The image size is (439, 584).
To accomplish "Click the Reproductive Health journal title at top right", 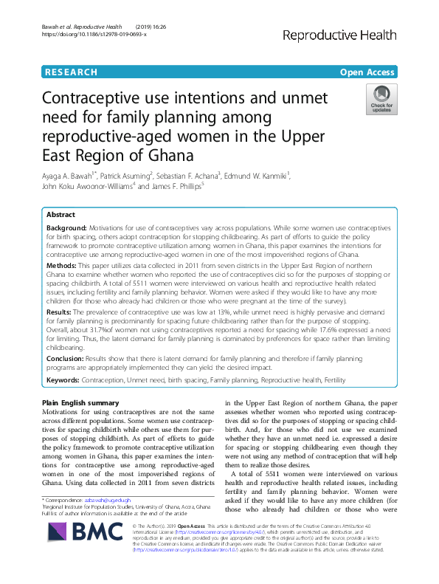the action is tap(345, 34).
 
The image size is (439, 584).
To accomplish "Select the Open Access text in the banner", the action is tap(368, 72).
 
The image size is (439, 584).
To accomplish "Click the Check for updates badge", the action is tap(381, 100).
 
